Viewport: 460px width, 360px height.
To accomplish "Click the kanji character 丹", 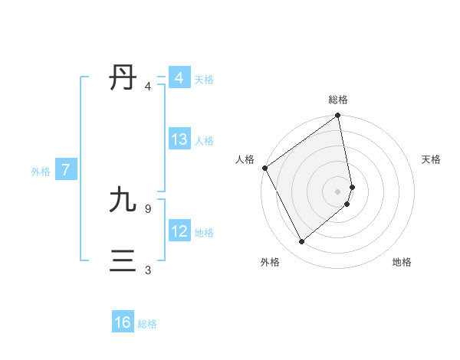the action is coord(123,78).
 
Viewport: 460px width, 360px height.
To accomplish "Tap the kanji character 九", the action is coord(123,201).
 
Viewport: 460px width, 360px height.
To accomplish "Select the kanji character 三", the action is coord(123,261).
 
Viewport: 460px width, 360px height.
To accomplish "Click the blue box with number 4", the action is coord(179,78).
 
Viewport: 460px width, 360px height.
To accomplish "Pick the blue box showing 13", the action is coord(179,140).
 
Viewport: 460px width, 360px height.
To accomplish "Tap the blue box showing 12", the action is coord(179,231).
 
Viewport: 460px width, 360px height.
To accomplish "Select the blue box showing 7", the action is coord(66,171).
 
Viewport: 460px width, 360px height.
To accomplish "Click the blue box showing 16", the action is coord(123,323).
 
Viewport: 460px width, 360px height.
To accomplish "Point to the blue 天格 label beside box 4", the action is coord(204,80).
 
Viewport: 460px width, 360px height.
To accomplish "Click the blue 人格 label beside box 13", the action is coord(204,141).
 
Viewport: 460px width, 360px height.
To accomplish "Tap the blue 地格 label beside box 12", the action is coord(204,232).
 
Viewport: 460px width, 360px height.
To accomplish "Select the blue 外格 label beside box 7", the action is coord(41,172).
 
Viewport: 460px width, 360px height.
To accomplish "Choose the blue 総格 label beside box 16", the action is coord(147,324).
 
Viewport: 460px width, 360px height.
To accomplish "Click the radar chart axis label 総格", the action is coord(338,100).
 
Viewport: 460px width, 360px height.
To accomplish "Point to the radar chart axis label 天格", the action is coord(432,159).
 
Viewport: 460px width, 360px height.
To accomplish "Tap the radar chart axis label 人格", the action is coord(245,159).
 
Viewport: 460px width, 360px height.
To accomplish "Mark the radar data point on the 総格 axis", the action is coord(338,116).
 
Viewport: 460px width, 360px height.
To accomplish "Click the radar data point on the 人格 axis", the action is coord(264,168).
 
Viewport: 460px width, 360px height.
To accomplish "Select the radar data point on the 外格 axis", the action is coord(302,242).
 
